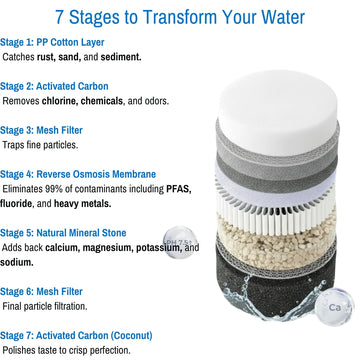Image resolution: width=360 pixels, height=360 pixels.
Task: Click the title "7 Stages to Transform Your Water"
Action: pyautogui.click(x=180, y=17)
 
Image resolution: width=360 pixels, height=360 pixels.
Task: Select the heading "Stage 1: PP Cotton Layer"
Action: pyautogui.click(x=52, y=42)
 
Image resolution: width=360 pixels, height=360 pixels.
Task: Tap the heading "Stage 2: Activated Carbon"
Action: pyautogui.click(x=54, y=86)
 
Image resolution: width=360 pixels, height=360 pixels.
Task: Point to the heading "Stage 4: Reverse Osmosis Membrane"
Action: pyautogui.click(x=78, y=174)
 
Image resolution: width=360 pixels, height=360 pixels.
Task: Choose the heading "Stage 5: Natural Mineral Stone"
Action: pyautogui.click(x=63, y=233)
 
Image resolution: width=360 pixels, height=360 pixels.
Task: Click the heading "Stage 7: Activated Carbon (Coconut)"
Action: pyautogui.click(x=76, y=335)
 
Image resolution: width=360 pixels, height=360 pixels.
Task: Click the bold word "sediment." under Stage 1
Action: pyautogui.click(x=121, y=57)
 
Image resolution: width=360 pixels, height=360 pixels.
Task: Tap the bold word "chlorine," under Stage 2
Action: pyautogui.click(x=60, y=101)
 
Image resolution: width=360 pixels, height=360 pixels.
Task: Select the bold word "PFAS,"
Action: pyautogui.click(x=179, y=189)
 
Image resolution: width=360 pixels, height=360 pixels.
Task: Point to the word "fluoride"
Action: pyautogui.click(x=16, y=203)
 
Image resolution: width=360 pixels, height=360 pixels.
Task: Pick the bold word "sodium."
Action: pyautogui.click(x=17, y=262)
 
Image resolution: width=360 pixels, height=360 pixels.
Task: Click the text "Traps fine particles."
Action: pyautogui.click(x=40, y=145)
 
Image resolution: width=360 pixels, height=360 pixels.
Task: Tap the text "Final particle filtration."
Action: pyautogui.click(x=45, y=306)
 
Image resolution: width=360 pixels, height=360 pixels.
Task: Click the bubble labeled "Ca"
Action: pyautogui.click(x=334, y=307)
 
